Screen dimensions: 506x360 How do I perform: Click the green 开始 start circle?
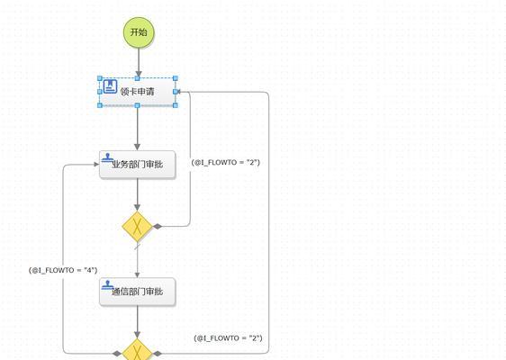[139, 32]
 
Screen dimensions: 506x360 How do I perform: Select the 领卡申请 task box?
[138, 92]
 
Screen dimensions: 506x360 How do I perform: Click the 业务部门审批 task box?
[138, 165]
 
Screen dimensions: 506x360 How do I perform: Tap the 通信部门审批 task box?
[138, 292]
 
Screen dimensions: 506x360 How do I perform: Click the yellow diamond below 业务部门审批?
[137, 227]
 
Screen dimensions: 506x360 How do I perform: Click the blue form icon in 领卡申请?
[110, 86]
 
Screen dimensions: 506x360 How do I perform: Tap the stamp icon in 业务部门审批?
[107, 157]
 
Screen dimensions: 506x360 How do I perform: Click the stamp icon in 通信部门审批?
[107, 284]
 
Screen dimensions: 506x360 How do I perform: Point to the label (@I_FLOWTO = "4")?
[63, 270]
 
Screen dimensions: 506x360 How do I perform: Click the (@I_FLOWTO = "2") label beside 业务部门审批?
[226, 162]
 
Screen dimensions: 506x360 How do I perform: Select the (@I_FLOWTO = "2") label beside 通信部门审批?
[228, 338]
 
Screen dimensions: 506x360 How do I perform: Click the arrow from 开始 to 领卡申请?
[139, 63]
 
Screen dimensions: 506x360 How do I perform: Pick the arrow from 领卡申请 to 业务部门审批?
[138, 128]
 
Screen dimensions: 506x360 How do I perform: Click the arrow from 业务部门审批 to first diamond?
[138, 194]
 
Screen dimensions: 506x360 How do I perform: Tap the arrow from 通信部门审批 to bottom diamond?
[138, 322]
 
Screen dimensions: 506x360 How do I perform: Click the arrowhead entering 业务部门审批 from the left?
[96, 165]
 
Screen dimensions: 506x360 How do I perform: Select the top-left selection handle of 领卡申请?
[100, 78]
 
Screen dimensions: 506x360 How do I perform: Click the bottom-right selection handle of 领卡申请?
[176, 105]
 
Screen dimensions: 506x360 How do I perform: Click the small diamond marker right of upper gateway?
[158, 227]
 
